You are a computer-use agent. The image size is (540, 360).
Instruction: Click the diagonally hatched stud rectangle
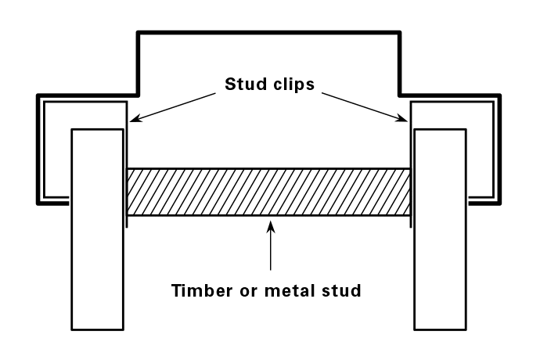[269, 193]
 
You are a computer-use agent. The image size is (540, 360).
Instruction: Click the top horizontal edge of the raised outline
[269, 33]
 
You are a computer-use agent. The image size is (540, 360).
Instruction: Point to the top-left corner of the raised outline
[139, 33]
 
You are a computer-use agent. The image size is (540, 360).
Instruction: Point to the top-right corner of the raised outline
[400, 33]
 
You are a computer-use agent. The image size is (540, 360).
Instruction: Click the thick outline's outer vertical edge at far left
[38, 149]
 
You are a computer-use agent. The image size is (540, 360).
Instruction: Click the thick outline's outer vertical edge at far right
[499, 149]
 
